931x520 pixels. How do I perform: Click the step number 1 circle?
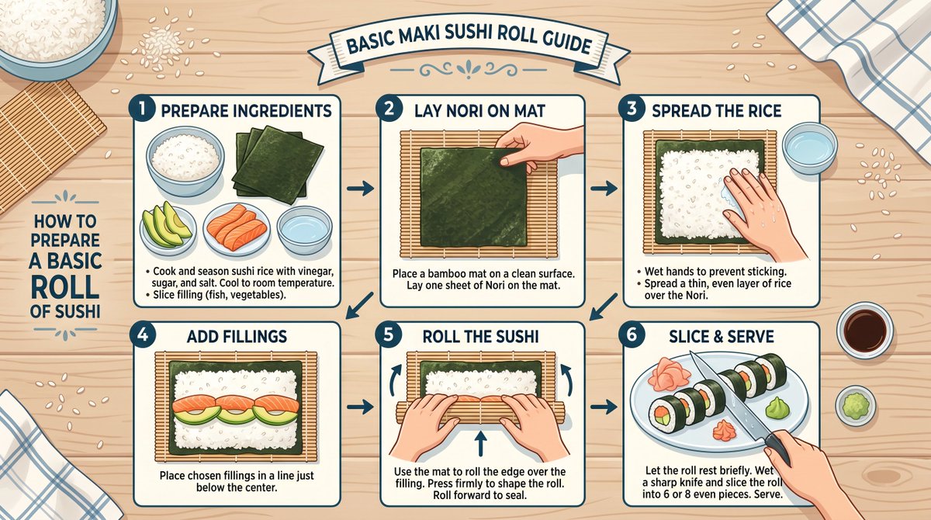pos(142,109)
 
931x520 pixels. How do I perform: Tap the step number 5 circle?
pos(388,335)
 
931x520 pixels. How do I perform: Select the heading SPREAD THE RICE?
pos(717,111)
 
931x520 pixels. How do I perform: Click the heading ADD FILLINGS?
pos(237,336)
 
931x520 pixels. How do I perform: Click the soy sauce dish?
pos(865,331)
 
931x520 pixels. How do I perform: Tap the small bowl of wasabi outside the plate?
pos(856,405)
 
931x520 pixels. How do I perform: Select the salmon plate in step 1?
pos(237,229)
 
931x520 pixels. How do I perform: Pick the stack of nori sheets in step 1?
pos(277,165)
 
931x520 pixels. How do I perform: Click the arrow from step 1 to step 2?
pos(360,189)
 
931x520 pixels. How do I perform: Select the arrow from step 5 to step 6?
pos(604,407)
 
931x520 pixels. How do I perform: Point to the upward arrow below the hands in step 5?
pos(480,443)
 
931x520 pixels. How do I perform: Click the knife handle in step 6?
pos(777,448)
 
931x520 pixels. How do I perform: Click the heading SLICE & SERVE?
pos(722,336)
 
